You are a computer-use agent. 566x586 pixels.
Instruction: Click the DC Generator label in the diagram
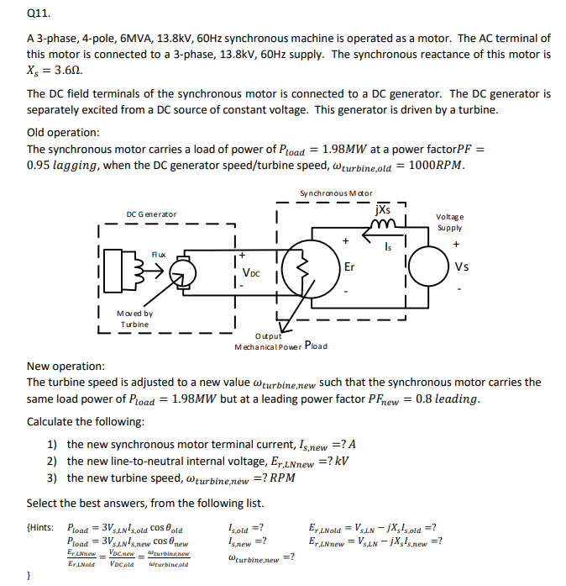coord(152,214)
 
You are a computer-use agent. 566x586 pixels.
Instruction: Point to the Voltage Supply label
coord(454,222)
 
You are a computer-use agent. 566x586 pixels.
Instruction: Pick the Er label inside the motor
coord(351,267)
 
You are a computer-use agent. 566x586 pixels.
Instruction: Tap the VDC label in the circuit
coord(251,272)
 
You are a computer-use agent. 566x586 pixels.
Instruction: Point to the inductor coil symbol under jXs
coord(384,222)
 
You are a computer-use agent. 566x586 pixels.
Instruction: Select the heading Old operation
coord(63,132)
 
